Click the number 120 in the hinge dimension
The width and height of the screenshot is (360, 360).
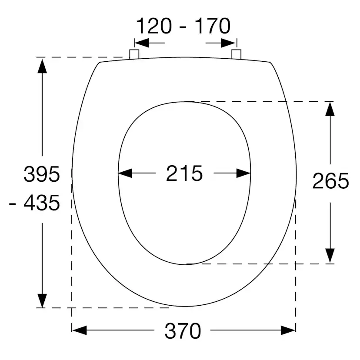pos(154,26)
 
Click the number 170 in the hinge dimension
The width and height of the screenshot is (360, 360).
pos(213,26)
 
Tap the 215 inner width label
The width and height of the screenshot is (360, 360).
pos(184,173)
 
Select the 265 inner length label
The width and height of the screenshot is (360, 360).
pos(330,181)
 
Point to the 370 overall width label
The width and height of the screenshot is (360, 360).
pos(183,331)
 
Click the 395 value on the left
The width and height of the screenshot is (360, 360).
pos(42,174)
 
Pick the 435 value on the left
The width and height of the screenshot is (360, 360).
pos(42,203)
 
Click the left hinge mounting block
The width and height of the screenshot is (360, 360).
pos(134,54)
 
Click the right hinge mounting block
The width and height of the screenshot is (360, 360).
pos(236,54)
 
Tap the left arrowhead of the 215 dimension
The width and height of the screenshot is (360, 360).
pos(125,173)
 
